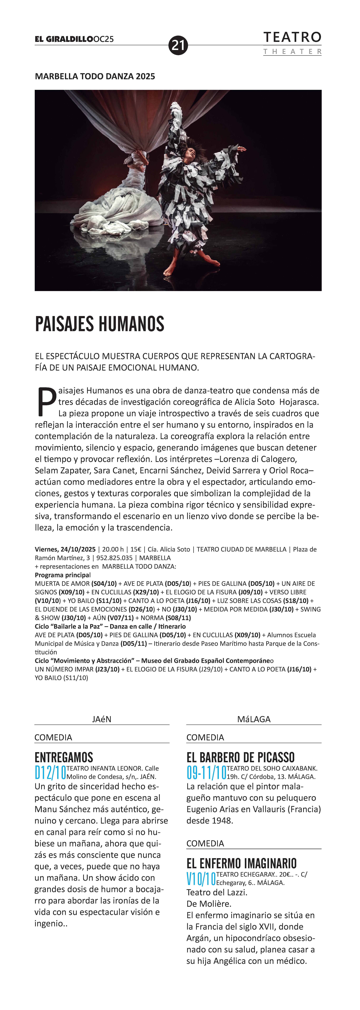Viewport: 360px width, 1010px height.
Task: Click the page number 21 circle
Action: [178, 45]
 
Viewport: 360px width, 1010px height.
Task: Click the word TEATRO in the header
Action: [292, 38]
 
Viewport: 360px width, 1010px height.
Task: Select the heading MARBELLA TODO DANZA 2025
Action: [95, 77]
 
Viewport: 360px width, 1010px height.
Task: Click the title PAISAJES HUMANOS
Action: [100, 324]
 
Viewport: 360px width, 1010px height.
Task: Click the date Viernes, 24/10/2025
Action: [65, 549]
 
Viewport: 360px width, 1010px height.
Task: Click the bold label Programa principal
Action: [62, 575]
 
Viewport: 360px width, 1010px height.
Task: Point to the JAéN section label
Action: [102, 719]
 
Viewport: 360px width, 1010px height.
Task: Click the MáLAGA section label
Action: [254, 719]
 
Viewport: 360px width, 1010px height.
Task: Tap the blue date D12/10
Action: [50, 773]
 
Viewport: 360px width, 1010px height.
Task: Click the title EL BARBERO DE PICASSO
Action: [240, 757]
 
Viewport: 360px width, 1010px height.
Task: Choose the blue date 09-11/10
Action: [206, 773]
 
